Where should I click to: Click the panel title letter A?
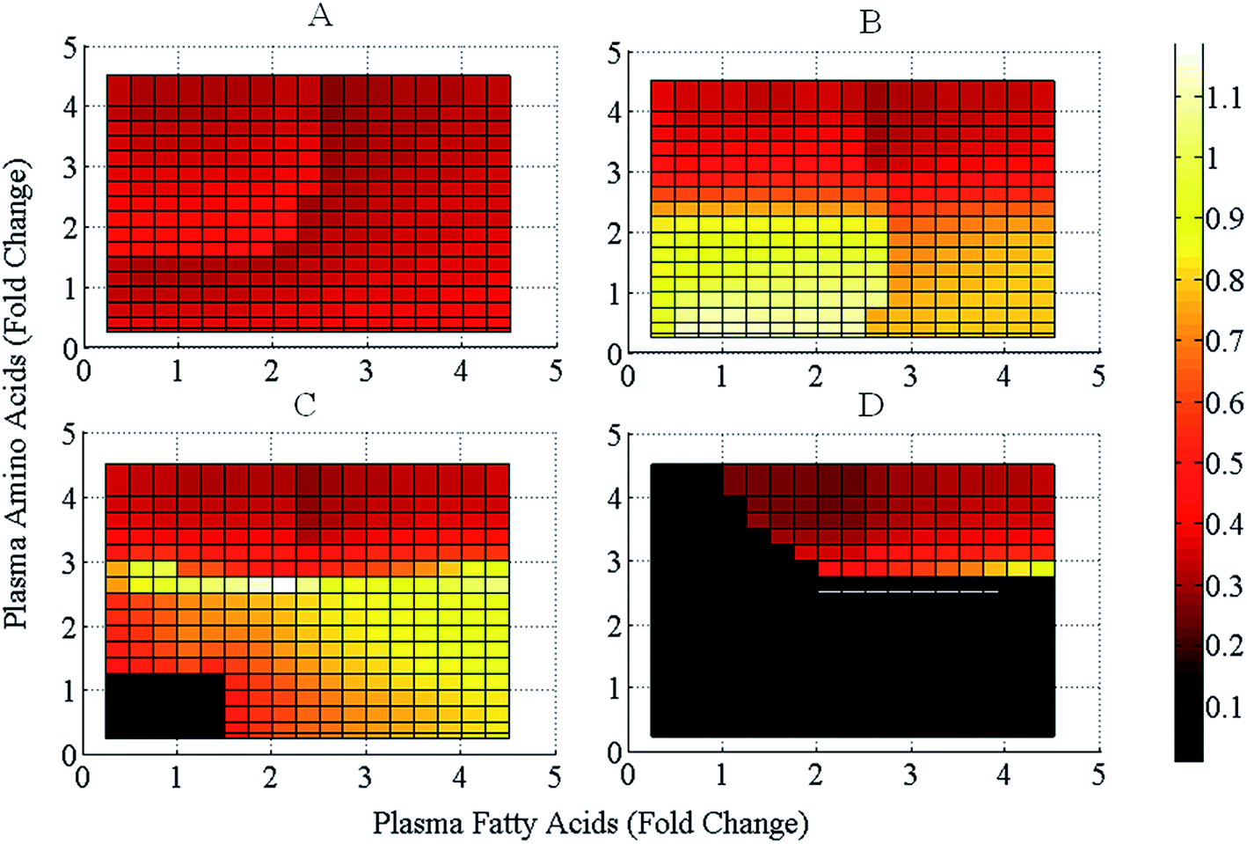click(x=320, y=15)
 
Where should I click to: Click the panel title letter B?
click(x=870, y=22)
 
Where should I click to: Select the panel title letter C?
click(x=304, y=405)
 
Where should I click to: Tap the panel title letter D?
click(x=870, y=406)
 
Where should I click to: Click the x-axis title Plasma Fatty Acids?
click(x=590, y=823)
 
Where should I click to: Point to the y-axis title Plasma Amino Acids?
click(x=18, y=393)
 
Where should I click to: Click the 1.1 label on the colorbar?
click(x=1223, y=97)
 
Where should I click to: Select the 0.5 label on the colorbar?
click(x=1223, y=463)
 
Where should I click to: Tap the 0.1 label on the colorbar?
click(x=1223, y=707)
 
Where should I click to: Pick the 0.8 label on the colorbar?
click(x=1223, y=280)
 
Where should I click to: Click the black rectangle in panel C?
click(x=164, y=705)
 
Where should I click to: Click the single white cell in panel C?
click(x=283, y=583)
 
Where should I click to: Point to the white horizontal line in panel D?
click(x=908, y=591)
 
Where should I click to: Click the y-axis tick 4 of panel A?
click(x=69, y=107)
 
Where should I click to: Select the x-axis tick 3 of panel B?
click(x=910, y=377)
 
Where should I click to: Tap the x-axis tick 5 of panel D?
click(x=1098, y=774)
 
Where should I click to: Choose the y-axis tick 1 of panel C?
click(x=69, y=691)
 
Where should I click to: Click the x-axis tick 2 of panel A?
click(x=272, y=371)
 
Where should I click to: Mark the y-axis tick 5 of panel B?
click(x=614, y=53)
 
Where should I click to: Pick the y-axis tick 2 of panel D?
click(x=615, y=627)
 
